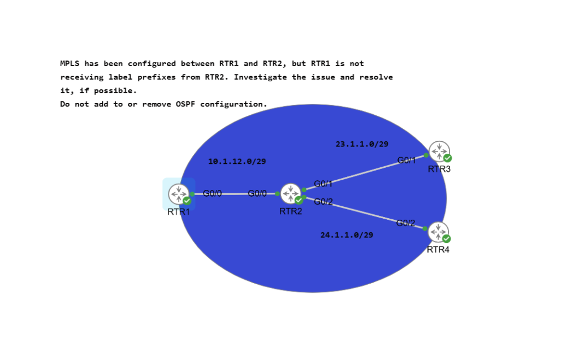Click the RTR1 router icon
click(179, 194)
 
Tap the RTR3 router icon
click(439, 151)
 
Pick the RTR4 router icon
click(438, 232)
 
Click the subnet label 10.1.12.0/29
click(237, 162)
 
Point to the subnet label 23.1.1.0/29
click(362, 144)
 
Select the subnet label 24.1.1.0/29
click(347, 235)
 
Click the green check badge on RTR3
click(448, 158)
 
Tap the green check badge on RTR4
click(447, 238)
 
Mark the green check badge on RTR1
click(187, 201)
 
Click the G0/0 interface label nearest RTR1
click(213, 193)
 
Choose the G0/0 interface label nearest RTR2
click(257, 193)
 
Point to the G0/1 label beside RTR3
click(407, 161)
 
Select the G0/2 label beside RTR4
click(405, 223)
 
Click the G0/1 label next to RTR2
click(323, 184)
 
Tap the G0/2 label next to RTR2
click(323, 202)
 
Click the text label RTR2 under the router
click(291, 211)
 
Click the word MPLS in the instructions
click(70, 63)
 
